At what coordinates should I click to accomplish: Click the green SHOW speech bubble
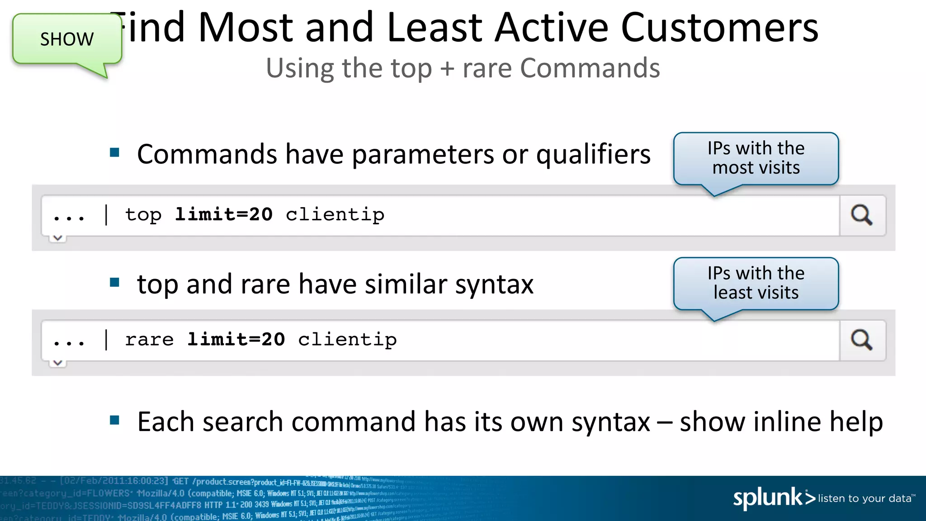[x=67, y=39]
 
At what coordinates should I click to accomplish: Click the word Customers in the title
[x=719, y=28]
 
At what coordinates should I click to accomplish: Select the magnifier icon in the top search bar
[x=862, y=215]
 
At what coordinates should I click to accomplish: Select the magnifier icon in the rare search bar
[x=862, y=340]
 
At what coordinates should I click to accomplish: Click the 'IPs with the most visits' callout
[x=756, y=158]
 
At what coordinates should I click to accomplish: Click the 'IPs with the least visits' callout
[x=756, y=283]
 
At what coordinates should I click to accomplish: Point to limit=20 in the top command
[x=224, y=214]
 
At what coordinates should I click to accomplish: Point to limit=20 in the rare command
[x=236, y=339]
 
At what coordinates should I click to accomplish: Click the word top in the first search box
[x=143, y=215]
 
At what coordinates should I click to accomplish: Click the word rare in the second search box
[x=149, y=340]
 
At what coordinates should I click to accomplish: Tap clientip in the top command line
[x=335, y=214]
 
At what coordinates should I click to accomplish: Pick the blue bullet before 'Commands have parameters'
[x=114, y=152]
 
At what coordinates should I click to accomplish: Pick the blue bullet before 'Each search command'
[x=114, y=420]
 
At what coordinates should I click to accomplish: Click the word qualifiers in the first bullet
[x=593, y=155]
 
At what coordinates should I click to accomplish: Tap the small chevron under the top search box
[x=58, y=238]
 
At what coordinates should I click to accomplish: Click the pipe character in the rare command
[x=106, y=340]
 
